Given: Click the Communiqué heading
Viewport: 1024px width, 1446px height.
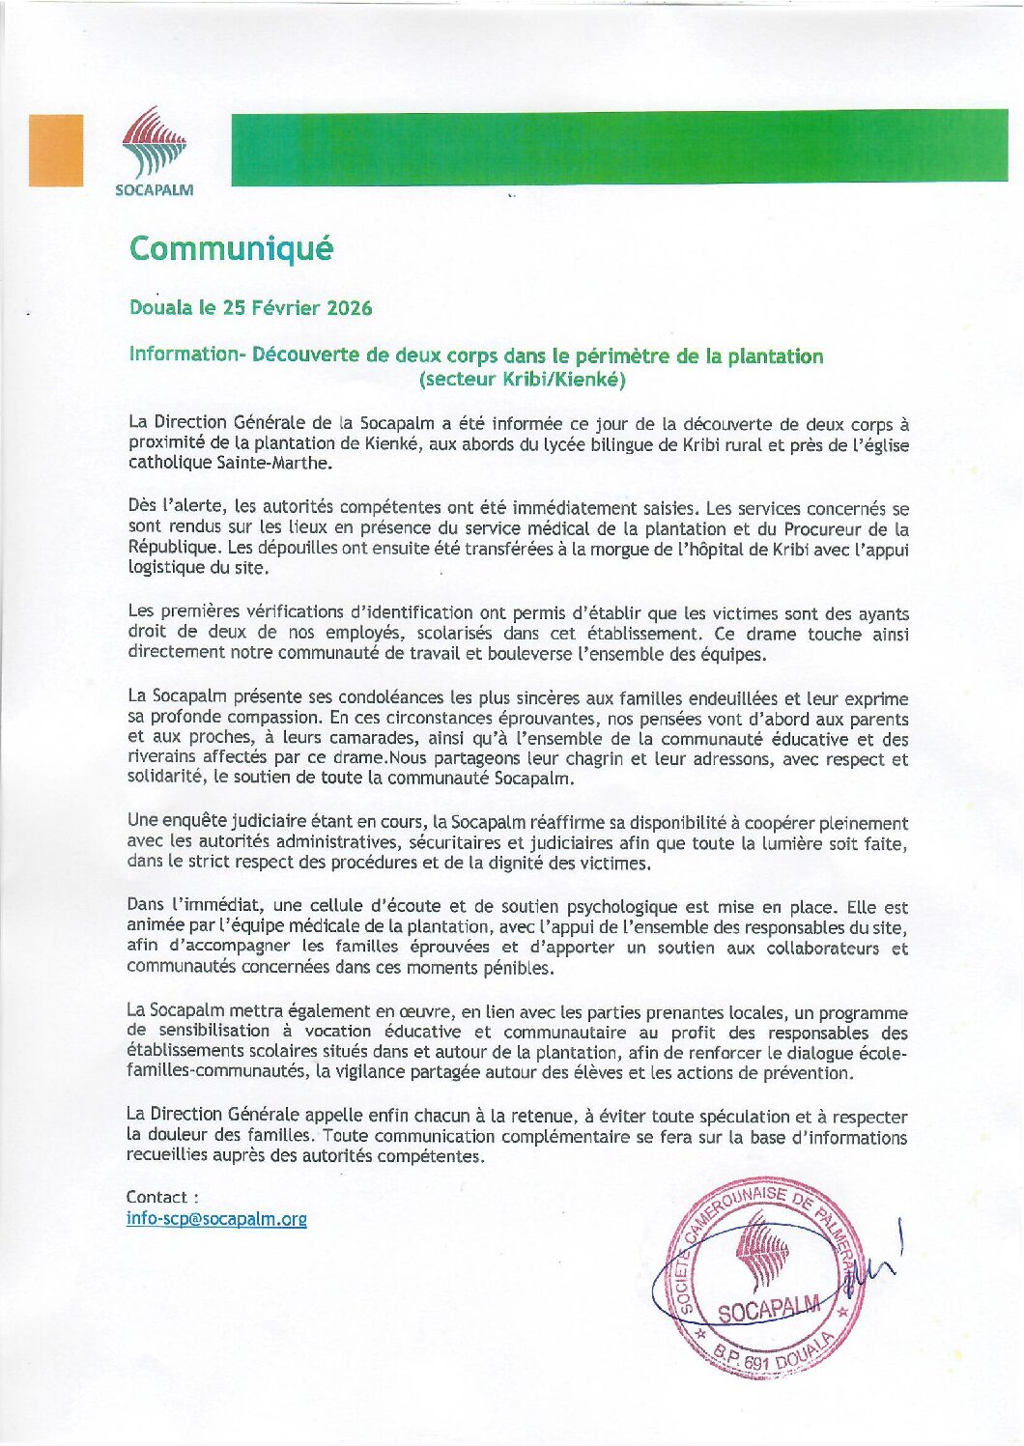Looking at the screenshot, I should click(x=231, y=249).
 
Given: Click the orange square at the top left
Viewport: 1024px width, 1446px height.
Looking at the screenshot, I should click(x=56, y=150).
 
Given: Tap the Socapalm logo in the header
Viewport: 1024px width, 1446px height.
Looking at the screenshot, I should click(x=155, y=151).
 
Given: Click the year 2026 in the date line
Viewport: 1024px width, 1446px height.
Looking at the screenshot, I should click(x=349, y=308).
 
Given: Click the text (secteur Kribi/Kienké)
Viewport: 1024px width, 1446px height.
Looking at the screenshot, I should click(x=523, y=380).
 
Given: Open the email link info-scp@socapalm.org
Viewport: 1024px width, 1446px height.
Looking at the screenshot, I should click(x=216, y=1219).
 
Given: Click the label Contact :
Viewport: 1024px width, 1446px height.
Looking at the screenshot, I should click(x=162, y=1198).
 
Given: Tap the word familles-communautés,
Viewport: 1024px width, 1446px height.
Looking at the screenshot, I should click(x=218, y=1072).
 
